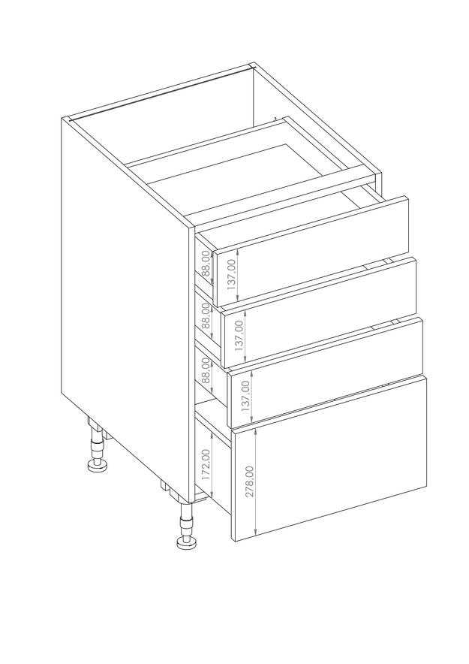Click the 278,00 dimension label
coord(250,481)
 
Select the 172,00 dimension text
coord(206,464)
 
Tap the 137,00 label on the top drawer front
coord(231,274)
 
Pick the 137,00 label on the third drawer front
coord(245,396)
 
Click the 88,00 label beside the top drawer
coord(206,263)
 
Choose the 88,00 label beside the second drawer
coord(206,315)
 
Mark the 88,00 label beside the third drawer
coord(206,370)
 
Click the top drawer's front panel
coord(311,251)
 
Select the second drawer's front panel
coord(318,312)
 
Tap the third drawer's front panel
coord(325,373)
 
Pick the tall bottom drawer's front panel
coord(329,459)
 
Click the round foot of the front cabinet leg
coord(186,543)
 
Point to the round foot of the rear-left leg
coord(98,466)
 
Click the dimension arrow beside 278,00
coord(257,481)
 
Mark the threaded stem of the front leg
coord(185,521)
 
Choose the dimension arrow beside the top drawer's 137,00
coord(239,274)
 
